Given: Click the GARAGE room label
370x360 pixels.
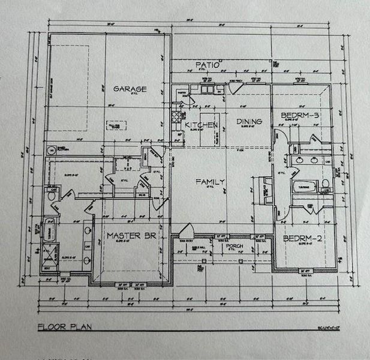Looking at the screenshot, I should [130, 89].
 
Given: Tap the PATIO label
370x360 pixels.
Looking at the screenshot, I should [208, 64].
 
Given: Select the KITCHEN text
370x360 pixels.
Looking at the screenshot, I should [201, 124].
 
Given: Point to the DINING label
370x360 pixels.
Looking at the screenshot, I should [249, 122].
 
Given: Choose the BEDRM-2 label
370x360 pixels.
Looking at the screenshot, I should [303, 238].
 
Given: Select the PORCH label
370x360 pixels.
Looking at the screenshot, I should [233, 246].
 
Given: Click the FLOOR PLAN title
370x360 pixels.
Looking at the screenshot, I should [64, 327].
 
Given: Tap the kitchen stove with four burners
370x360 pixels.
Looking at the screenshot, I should [176, 116].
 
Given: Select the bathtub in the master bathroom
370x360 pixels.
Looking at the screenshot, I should [50, 230].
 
